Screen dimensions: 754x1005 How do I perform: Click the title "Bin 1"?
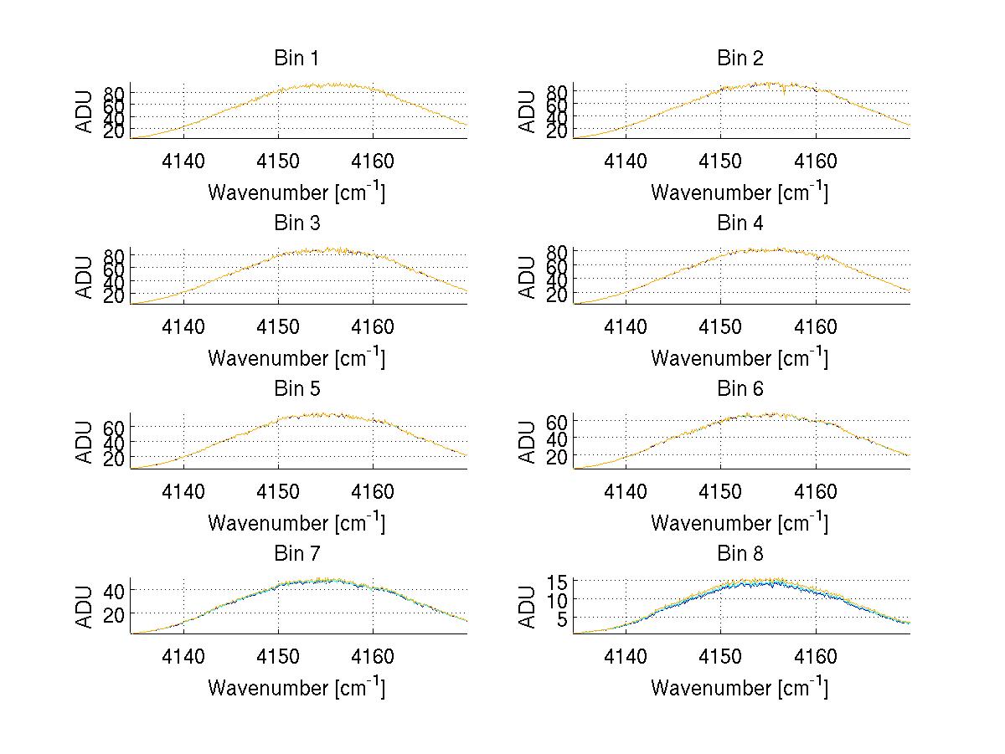pyautogui.click(x=296, y=59)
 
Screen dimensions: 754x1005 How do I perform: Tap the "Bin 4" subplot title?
pyautogui.click(x=740, y=223)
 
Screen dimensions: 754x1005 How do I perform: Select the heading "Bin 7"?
pyautogui.click(x=296, y=554)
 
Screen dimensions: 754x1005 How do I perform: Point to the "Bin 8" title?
pyautogui.click(x=740, y=554)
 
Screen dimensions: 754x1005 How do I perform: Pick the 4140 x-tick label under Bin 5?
pyautogui.click(x=183, y=492)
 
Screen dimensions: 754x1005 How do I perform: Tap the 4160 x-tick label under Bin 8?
pyautogui.click(x=816, y=657)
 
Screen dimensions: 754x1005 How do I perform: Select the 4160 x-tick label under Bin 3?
pyautogui.click(x=373, y=327)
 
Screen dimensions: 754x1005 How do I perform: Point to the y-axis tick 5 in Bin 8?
pyautogui.click(x=564, y=619)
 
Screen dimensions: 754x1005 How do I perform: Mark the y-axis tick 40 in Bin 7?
pyautogui.click(x=116, y=591)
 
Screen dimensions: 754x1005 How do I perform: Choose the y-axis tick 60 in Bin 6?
pyautogui.click(x=559, y=421)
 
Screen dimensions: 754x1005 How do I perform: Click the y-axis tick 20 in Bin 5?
pyautogui.click(x=116, y=459)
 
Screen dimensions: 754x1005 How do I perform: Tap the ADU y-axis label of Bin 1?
pyautogui.click(x=85, y=112)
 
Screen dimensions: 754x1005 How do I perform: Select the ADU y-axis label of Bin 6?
pyautogui.click(x=528, y=443)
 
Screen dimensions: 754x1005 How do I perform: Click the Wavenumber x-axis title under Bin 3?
pyautogui.click(x=296, y=358)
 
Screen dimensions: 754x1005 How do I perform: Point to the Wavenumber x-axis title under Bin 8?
pyautogui.click(x=740, y=688)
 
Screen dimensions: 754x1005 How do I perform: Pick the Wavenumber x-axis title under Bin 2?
pyautogui.click(x=740, y=192)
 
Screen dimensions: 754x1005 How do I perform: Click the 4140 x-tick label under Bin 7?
pyautogui.click(x=183, y=657)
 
